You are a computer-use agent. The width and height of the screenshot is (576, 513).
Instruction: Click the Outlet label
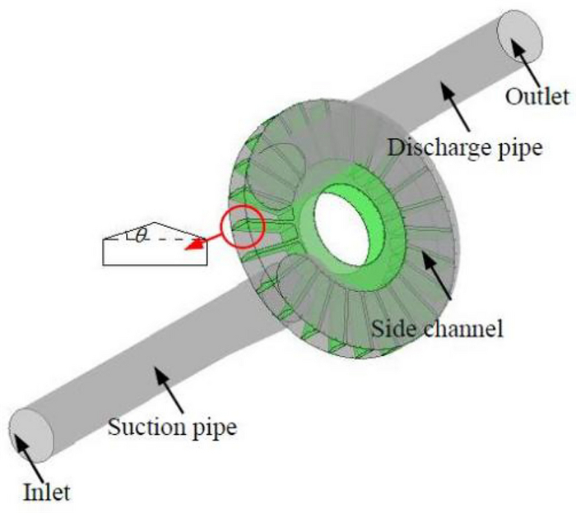click(x=537, y=97)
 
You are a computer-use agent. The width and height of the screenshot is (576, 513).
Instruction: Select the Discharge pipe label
click(x=465, y=148)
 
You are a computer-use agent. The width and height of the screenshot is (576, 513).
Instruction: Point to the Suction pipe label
click(x=172, y=427)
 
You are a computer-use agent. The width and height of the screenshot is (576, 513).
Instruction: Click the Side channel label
click(x=437, y=328)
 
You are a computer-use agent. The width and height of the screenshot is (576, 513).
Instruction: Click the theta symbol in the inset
click(x=141, y=236)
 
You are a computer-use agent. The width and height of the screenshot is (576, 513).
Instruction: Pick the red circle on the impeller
click(x=242, y=228)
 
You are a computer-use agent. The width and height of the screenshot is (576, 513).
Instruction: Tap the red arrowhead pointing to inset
click(x=193, y=244)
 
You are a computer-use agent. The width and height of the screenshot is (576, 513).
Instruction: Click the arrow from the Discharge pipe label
click(x=457, y=111)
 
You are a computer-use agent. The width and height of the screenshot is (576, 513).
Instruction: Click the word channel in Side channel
click(x=469, y=328)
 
